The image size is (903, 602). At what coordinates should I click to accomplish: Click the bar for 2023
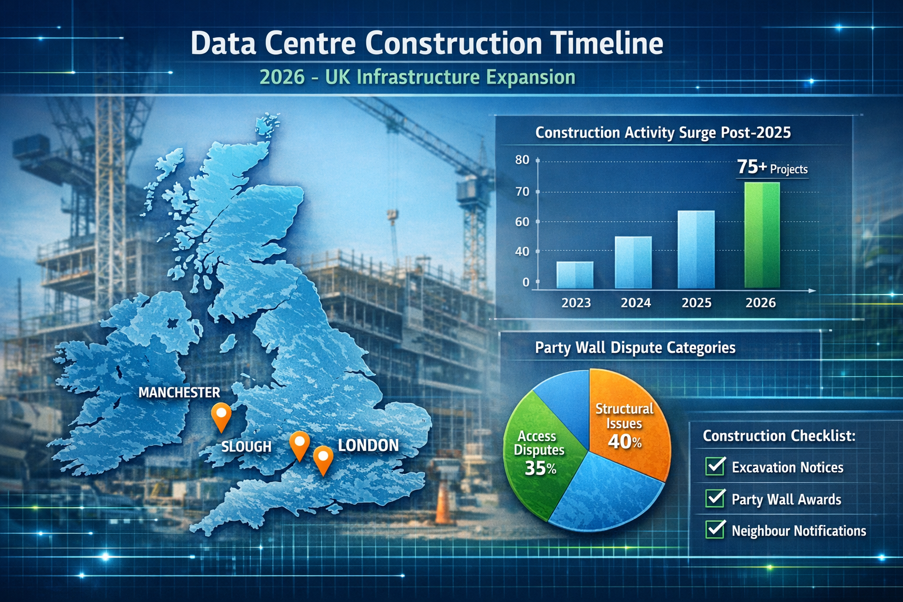coord(574,275)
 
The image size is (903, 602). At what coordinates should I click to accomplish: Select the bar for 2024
coord(633,262)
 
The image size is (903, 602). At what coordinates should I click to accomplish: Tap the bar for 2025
coord(696,249)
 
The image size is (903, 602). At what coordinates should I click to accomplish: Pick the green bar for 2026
coord(762,235)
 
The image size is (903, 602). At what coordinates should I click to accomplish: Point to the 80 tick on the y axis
coord(522,160)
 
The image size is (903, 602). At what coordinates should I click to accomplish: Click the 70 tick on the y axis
coord(522,192)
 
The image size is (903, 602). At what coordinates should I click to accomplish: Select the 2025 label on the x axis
coord(696,303)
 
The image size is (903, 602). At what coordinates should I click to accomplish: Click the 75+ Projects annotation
coord(772,168)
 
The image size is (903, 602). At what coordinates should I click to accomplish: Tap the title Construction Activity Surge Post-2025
coord(663,133)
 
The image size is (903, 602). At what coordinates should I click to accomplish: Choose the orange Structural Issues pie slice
coord(629,423)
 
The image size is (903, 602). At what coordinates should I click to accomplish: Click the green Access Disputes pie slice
coord(538,453)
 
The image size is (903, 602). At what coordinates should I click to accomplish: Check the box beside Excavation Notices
coord(715,466)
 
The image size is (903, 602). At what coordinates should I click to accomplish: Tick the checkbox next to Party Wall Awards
coord(715,498)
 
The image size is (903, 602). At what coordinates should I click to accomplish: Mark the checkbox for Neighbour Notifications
coord(715,529)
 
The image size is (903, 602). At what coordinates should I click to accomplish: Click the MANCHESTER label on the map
coord(179,393)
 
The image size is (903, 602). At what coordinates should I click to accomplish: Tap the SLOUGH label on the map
coord(246,447)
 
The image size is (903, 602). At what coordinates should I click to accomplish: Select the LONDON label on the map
coord(368,446)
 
